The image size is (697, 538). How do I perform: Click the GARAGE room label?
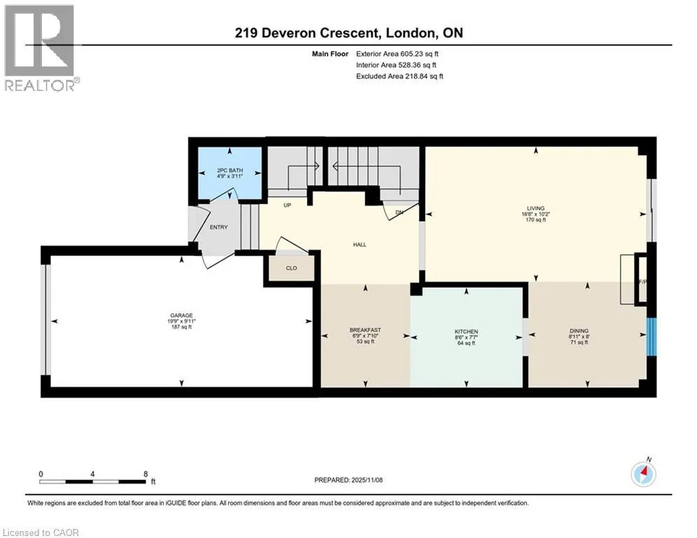tap(181, 315)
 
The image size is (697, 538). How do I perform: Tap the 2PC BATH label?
tap(230, 170)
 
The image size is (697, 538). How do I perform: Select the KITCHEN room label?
tap(467, 331)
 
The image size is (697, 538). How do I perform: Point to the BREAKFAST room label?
tap(366, 330)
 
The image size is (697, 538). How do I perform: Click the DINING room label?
tap(579, 331)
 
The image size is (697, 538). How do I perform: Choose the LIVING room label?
tap(536, 208)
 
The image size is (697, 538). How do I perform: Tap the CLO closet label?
tap(291, 268)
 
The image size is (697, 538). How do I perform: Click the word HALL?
tap(359, 244)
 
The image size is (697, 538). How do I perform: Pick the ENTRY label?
tap(219, 227)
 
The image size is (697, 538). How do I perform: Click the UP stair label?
tap(287, 205)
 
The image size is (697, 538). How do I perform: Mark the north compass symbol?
tap(644, 474)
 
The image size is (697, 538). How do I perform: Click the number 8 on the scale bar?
tap(146, 474)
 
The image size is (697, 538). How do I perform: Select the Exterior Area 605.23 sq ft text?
tap(397, 54)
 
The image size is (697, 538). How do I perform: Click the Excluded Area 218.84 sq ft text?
tap(399, 76)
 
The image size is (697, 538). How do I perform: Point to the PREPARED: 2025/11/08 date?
tap(349, 480)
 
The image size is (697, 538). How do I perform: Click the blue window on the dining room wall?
tap(651, 337)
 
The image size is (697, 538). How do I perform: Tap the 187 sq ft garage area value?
tap(181, 327)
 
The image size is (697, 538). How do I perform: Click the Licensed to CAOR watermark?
tap(41, 532)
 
